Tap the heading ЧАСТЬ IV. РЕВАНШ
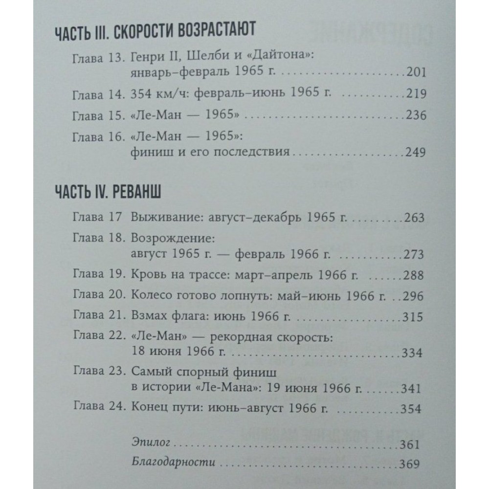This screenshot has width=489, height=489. tap(110, 192)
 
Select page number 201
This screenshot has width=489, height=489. tap(416, 73)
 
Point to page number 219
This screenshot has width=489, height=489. tap(416, 95)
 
